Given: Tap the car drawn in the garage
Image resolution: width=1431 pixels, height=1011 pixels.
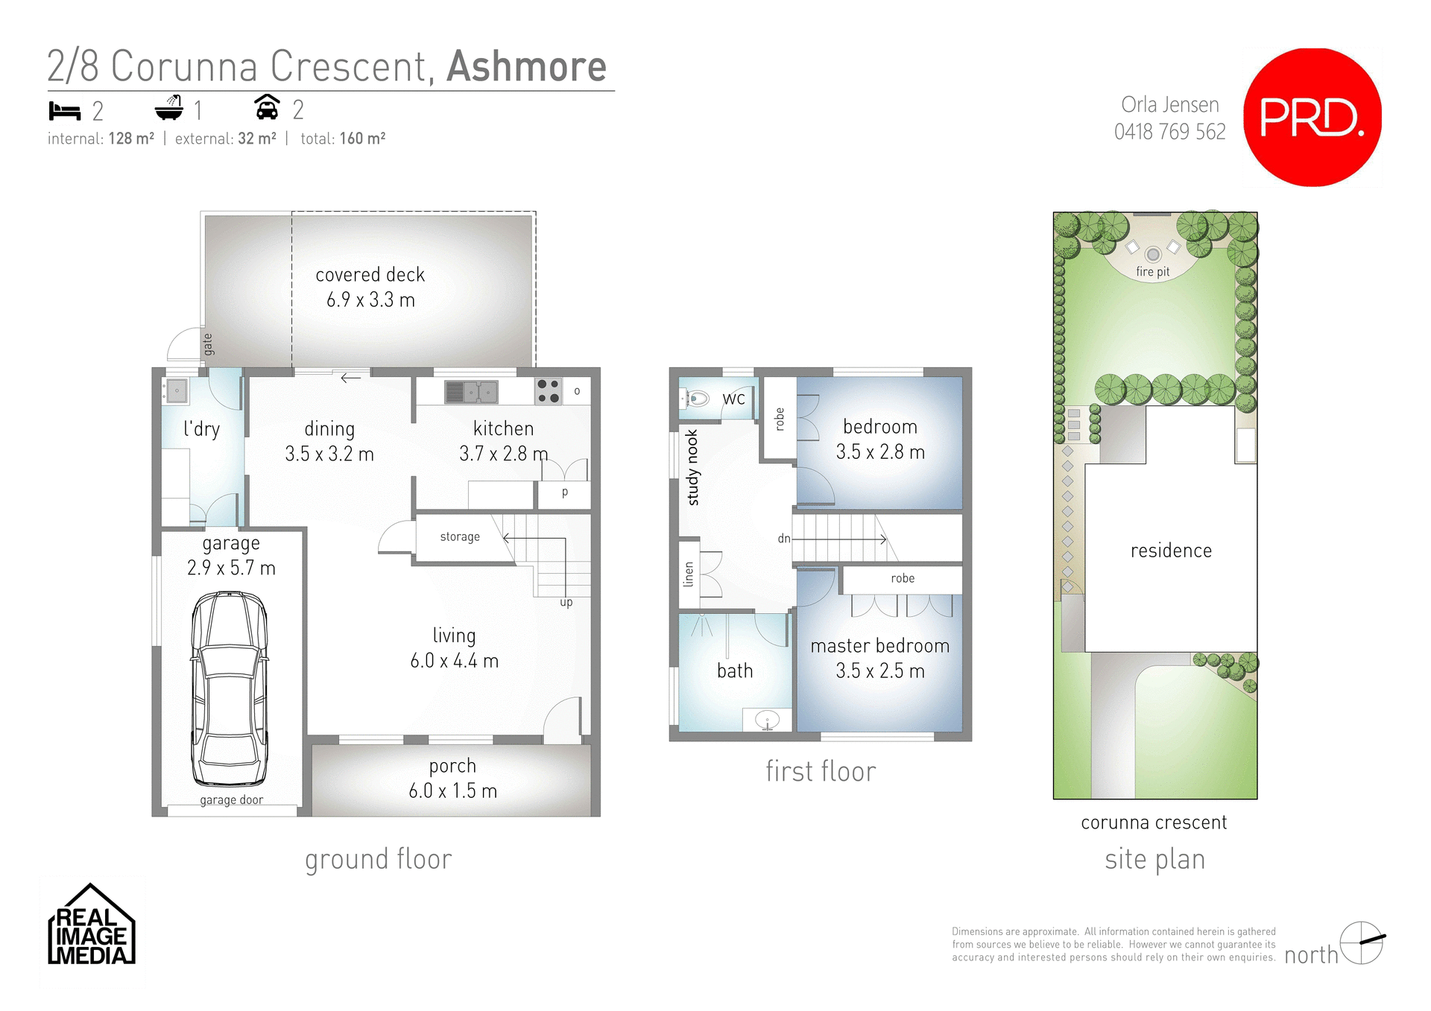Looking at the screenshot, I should [230, 689].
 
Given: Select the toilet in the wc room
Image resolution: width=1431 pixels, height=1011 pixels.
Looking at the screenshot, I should [696, 399].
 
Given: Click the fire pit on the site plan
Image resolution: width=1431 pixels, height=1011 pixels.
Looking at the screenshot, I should [1153, 255].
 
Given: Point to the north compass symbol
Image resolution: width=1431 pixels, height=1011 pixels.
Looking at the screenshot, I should [1362, 942].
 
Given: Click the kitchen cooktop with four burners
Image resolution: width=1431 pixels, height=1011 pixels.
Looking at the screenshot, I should [549, 391].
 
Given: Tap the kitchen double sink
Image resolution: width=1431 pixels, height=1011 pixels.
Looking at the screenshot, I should [471, 391].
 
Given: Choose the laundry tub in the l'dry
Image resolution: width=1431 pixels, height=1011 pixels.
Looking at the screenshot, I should [177, 390].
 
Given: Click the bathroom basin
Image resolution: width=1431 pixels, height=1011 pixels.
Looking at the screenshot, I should [768, 720].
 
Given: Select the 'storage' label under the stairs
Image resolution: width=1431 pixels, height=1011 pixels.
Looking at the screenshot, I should [460, 536].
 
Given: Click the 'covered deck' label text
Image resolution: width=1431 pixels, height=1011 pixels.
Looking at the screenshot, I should [370, 275].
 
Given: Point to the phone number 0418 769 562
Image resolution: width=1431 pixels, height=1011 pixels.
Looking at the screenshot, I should [1169, 132].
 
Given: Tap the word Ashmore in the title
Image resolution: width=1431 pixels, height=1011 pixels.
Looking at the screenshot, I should [526, 67].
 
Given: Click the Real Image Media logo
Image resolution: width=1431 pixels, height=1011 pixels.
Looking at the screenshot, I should [91, 926].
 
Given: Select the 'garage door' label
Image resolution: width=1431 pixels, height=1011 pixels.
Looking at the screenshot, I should [231, 800].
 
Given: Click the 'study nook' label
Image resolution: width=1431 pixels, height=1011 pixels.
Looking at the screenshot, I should [692, 468].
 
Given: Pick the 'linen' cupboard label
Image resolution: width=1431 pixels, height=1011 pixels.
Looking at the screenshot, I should [689, 574].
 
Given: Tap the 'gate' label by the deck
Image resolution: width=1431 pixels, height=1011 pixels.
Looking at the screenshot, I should [208, 344].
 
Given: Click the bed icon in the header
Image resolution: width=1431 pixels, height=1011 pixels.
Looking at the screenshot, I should [64, 111].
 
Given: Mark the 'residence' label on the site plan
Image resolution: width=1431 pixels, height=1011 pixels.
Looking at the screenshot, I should [1171, 551].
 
